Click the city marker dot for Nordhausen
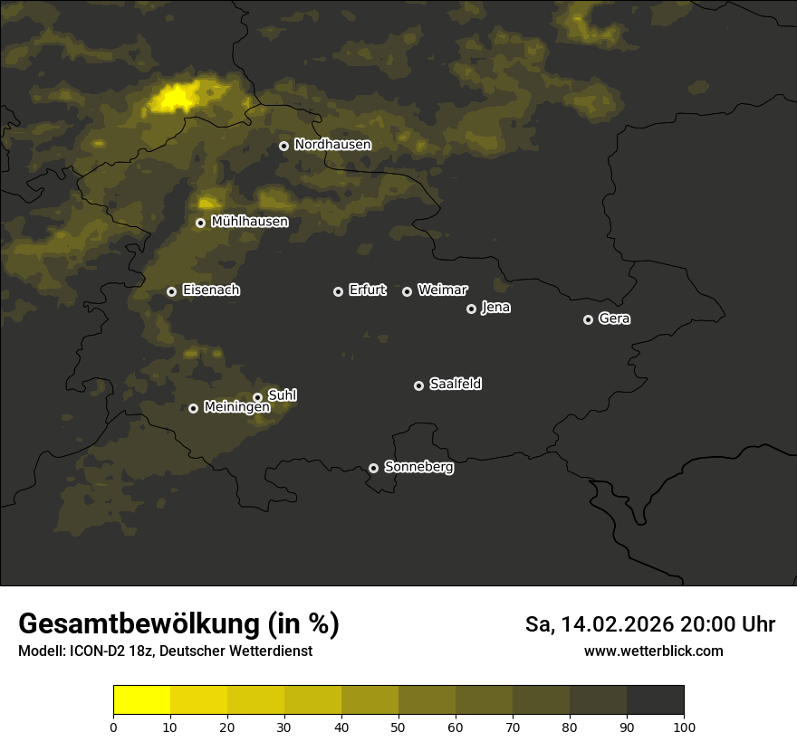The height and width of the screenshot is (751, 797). pos(283,146)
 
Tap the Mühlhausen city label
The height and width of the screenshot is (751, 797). pos(249,222)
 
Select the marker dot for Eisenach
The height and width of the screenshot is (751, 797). pos(171,291)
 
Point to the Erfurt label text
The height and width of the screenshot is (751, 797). pos(367,290)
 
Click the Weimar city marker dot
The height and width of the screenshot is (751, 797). pos(407,291)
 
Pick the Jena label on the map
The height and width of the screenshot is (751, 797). pos(495,308)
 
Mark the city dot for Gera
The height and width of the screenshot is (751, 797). pos(588,319)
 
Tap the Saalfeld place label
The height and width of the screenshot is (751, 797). pos(455,385)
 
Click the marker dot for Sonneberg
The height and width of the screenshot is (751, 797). pos(373,468)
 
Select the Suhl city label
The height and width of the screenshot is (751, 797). pos(283,395)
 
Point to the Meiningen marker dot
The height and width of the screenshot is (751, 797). pos(193,408)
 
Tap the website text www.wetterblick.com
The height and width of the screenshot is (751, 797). pos(653,651)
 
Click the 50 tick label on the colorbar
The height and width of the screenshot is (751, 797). pos(398,726)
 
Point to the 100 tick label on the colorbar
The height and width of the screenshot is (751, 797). pos(684,726)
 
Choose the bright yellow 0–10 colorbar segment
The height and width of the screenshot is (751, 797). pos(142,700)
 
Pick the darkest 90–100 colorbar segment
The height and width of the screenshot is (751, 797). pos(655,700)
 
